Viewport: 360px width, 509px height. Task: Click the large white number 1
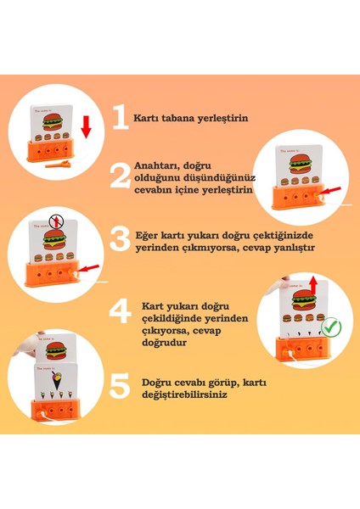[121, 117]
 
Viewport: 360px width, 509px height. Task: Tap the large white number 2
[121, 176]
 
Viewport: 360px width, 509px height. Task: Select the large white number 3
[120, 239]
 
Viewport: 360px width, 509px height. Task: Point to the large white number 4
[120, 311]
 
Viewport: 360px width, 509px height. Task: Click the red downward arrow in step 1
[86, 127]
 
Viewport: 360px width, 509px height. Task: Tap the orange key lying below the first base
[58, 165]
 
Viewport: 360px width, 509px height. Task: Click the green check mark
[331, 327]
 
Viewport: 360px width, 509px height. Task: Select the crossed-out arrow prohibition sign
[57, 222]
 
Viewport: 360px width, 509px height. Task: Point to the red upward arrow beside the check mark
[313, 286]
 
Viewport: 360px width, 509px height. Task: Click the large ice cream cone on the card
[57, 381]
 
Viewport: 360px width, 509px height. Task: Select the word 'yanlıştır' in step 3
[295, 249]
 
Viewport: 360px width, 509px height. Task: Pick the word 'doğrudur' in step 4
[165, 343]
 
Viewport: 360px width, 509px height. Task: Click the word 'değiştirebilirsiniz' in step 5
[184, 395]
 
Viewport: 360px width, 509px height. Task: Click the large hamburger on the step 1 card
[53, 121]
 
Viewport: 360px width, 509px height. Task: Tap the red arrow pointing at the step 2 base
[332, 191]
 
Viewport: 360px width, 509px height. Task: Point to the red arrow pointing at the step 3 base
[88, 268]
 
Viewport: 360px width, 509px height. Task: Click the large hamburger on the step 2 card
[299, 165]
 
